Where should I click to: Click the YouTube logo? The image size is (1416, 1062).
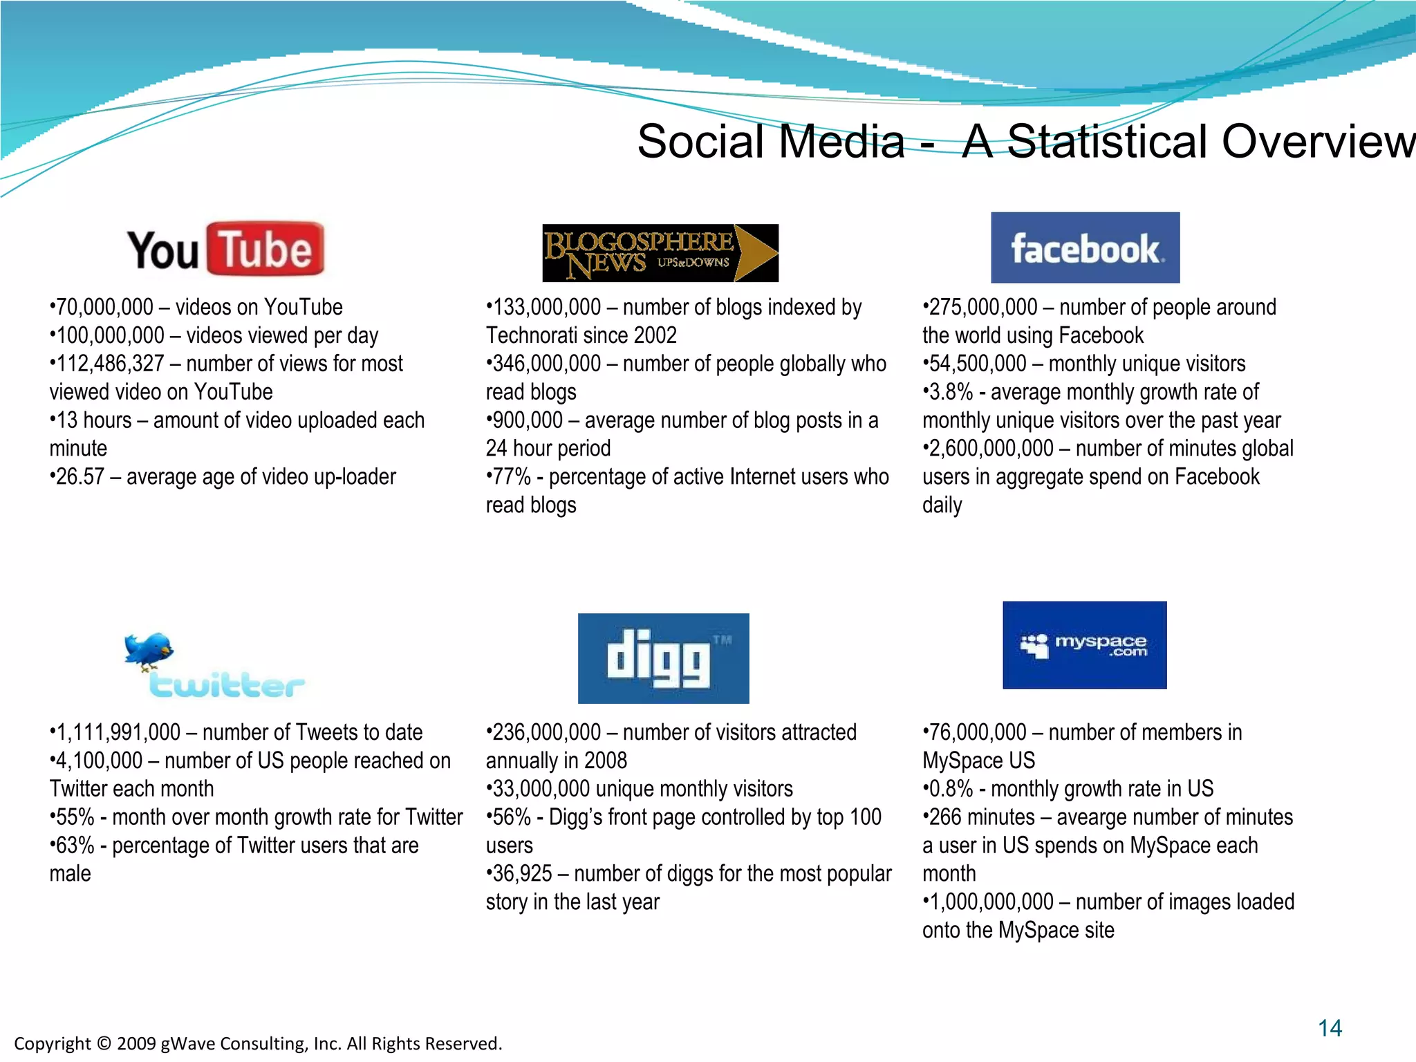point(225,250)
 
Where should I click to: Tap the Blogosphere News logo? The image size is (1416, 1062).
point(660,253)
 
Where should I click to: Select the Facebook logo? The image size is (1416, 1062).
point(1085,248)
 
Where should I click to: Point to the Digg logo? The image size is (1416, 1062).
point(663,658)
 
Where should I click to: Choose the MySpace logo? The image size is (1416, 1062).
point(1084,645)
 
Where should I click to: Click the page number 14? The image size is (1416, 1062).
point(1330,1028)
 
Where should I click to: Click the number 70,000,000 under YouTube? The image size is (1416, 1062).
point(104,307)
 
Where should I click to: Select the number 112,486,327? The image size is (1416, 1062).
point(110,364)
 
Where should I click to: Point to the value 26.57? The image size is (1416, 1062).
point(80,477)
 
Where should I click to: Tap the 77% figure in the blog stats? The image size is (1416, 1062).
point(512,477)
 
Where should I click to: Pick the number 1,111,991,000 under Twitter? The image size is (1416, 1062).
point(118,732)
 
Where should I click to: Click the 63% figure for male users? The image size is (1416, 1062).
point(75,846)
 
